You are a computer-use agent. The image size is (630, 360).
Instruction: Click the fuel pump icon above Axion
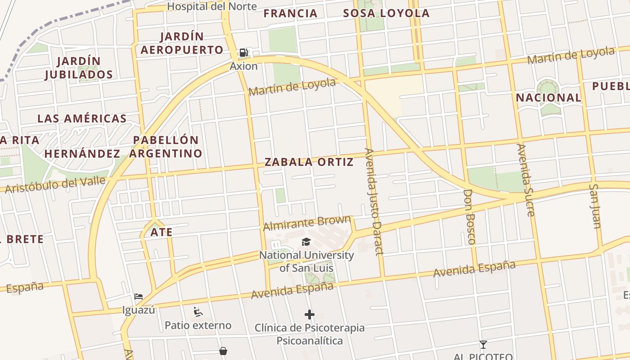click(x=243, y=53)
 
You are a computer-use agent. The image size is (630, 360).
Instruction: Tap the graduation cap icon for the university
click(x=306, y=242)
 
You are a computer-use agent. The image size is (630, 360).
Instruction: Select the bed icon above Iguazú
click(x=139, y=297)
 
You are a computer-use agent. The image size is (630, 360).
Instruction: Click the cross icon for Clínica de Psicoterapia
click(x=310, y=315)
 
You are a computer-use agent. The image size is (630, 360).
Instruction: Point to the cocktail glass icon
click(x=483, y=345)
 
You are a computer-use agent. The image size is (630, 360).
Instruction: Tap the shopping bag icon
click(x=223, y=351)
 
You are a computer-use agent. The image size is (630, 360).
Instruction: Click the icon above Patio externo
click(x=198, y=311)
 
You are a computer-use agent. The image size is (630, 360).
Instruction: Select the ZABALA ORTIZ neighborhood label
click(x=309, y=162)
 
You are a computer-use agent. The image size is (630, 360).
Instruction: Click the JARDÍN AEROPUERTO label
click(x=182, y=43)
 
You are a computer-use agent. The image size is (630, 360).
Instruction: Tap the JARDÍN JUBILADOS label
click(x=79, y=67)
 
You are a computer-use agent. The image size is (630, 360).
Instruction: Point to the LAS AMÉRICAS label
click(x=82, y=119)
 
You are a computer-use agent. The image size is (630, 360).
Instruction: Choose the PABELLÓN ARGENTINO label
click(x=166, y=147)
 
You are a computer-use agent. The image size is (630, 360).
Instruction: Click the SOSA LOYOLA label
click(x=386, y=13)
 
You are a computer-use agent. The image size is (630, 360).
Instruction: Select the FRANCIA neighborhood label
click(x=291, y=13)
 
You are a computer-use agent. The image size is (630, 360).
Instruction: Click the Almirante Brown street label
click(x=307, y=223)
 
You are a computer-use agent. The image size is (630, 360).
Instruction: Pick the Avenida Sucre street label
click(x=526, y=180)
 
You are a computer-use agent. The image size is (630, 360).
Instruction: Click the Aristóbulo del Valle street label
click(x=55, y=185)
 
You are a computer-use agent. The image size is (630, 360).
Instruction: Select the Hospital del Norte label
click(x=212, y=6)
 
